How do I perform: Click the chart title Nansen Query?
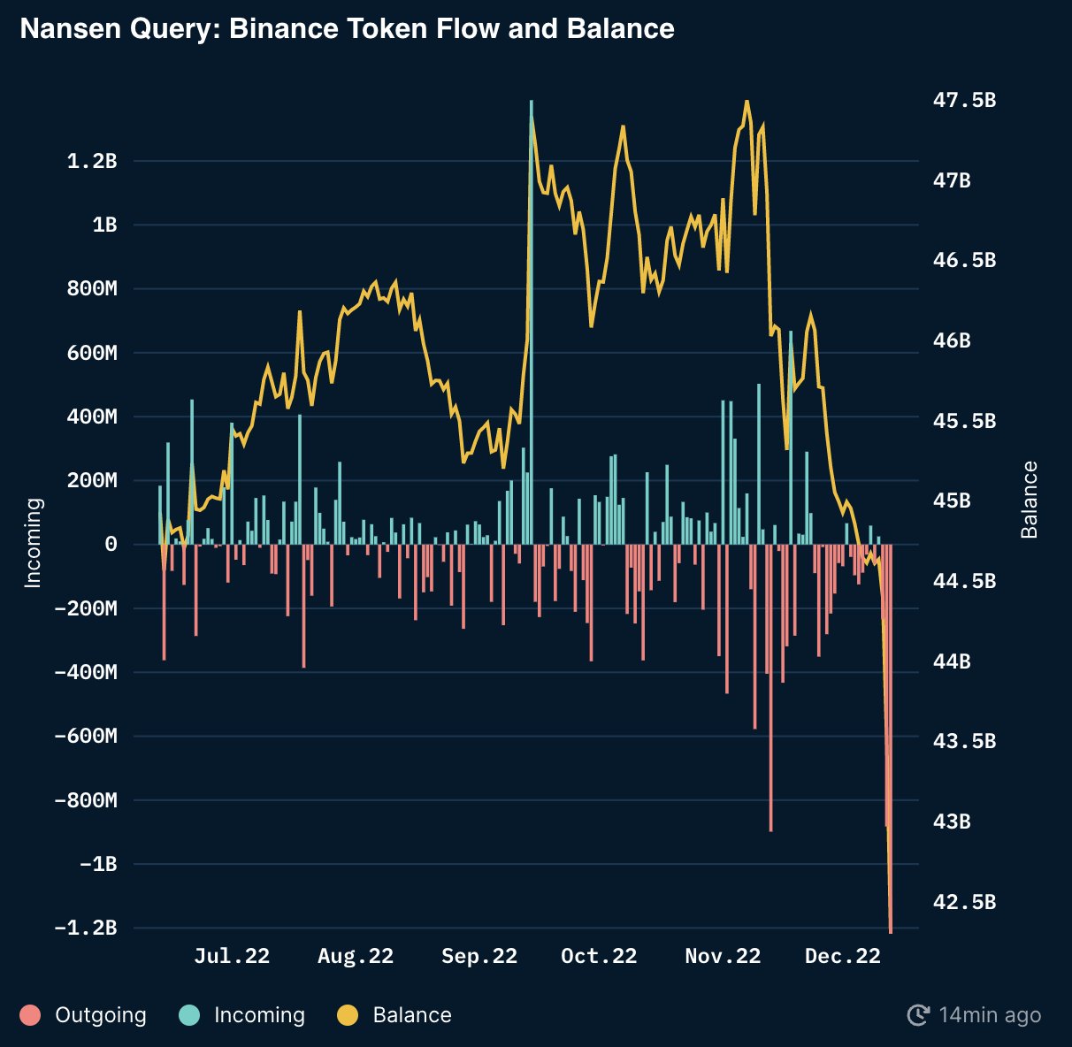click(x=347, y=29)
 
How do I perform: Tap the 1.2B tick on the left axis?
click(x=92, y=161)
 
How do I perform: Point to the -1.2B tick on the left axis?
click(x=86, y=928)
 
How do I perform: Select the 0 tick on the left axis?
click(x=111, y=545)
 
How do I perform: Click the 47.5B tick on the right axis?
click(x=964, y=100)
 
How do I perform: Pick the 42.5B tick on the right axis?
click(x=964, y=902)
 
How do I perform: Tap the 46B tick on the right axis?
click(x=952, y=340)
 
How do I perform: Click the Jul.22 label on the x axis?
click(x=232, y=956)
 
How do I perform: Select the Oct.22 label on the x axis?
click(x=599, y=956)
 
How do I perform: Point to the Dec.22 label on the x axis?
click(x=843, y=956)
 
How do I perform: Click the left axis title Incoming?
click(x=33, y=543)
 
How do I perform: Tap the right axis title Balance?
click(x=1030, y=500)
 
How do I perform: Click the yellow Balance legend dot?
click(x=348, y=1015)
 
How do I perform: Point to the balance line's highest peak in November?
click(x=747, y=102)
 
